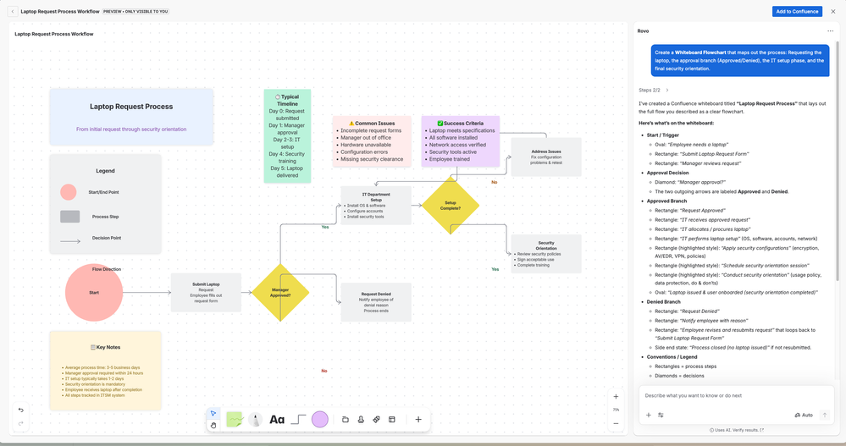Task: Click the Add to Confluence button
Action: pos(796,11)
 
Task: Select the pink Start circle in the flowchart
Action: pos(94,293)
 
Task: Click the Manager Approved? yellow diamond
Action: pos(279,293)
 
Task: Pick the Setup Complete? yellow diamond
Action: pos(451,204)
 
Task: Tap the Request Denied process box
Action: pos(376,302)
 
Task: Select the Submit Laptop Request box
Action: pos(206,292)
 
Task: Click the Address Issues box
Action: pos(545,157)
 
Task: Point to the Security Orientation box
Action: pos(545,254)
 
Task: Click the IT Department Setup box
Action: pos(376,206)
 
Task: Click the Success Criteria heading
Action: pos(460,124)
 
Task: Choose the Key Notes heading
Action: pos(105,347)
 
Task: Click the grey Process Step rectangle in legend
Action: pos(69,217)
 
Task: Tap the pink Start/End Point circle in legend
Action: pos(69,192)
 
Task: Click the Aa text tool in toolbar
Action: pos(277,419)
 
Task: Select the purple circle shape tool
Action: pos(319,419)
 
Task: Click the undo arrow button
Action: pos(21,410)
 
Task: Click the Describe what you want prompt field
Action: pos(728,395)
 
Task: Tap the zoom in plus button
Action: pos(616,397)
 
